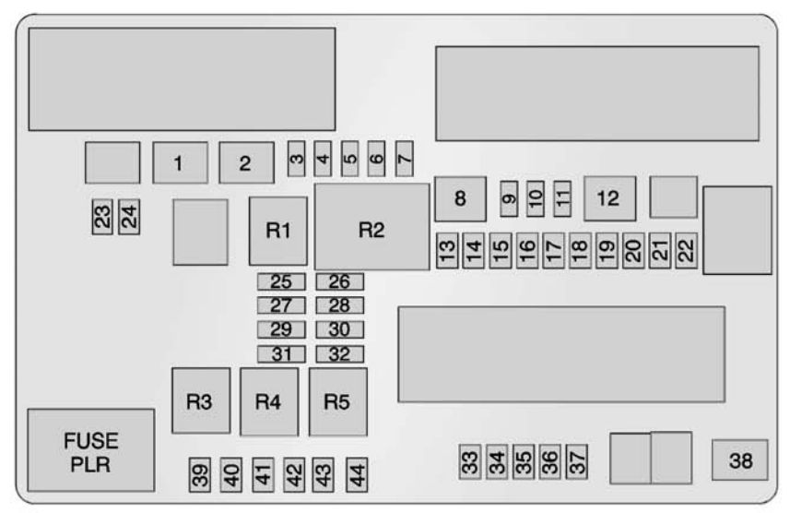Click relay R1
(x=278, y=231)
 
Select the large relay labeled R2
(x=371, y=227)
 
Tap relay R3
(x=201, y=400)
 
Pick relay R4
(x=268, y=402)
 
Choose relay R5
(x=337, y=402)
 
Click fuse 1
(x=180, y=164)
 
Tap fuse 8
(x=460, y=197)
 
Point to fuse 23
(x=102, y=218)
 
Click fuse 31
(x=281, y=353)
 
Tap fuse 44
(x=356, y=475)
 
